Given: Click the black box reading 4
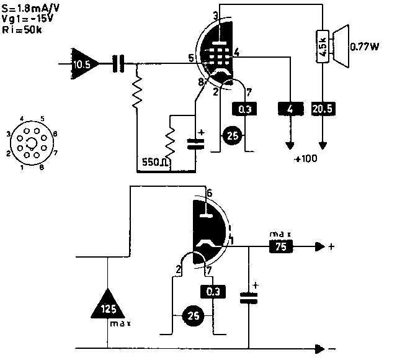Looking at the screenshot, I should pos(290,109).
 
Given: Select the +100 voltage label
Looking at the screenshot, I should pos(306,159).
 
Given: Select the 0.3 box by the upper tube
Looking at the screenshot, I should pos(244,109).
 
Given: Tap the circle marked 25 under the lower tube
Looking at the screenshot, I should pos(194,317).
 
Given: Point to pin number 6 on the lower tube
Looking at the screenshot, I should pos(210,194).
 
